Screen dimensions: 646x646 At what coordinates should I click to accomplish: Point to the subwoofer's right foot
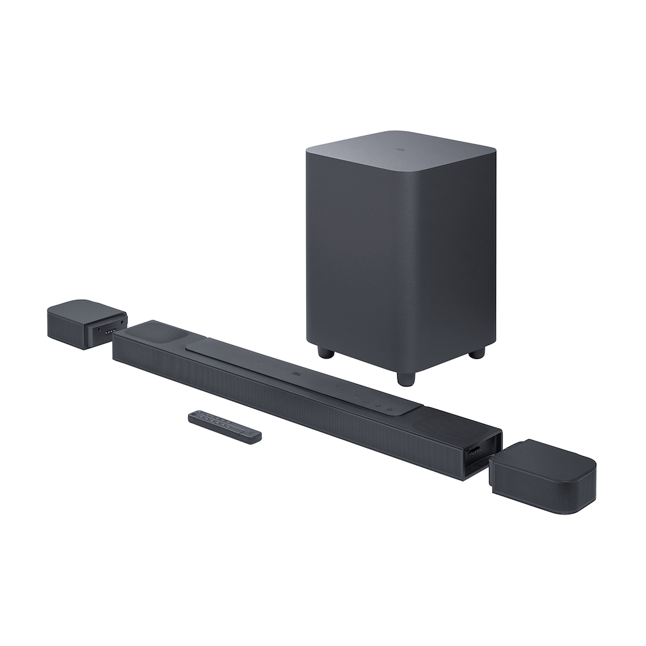[477, 352]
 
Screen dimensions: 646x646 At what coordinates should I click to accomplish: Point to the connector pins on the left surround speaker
[110, 331]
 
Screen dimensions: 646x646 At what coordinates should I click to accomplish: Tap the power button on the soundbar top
[390, 410]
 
